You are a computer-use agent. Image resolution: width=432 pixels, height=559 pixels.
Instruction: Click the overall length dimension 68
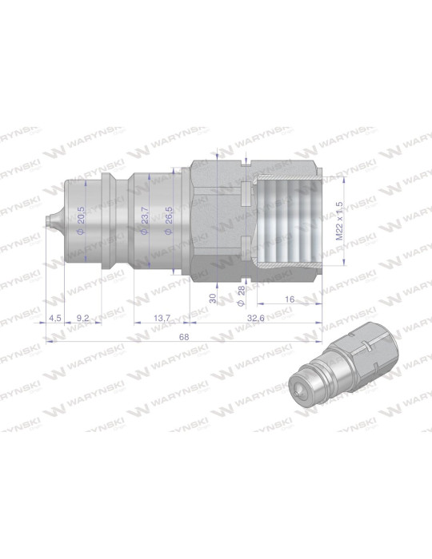[183, 337]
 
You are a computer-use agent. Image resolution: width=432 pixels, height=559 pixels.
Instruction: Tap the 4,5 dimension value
[54, 318]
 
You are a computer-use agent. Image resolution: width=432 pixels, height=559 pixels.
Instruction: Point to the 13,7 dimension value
[162, 318]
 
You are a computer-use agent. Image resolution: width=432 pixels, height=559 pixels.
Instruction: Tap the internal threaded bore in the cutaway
[284, 220]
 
